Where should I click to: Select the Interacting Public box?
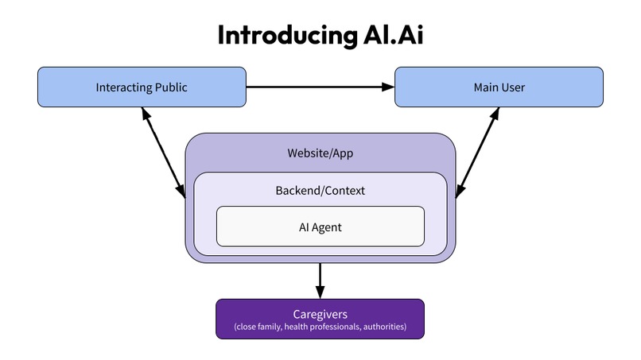tap(142, 87)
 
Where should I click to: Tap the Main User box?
tap(499, 87)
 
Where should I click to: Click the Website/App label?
tap(320, 153)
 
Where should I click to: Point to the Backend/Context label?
tap(320, 191)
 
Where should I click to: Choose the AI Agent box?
tap(320, 226)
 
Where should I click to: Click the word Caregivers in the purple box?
tap(320, 314)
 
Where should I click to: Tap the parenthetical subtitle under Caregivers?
tap(320, 327)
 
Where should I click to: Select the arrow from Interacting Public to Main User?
tap(318, 87)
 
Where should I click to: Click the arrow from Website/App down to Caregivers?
tap(320, 278)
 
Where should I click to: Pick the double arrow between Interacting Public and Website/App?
tap(163, 153)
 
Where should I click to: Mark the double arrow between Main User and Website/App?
tap(477, 153)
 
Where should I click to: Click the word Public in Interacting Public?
tap(170, 87)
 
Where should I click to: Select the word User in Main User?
tap(513, 87)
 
